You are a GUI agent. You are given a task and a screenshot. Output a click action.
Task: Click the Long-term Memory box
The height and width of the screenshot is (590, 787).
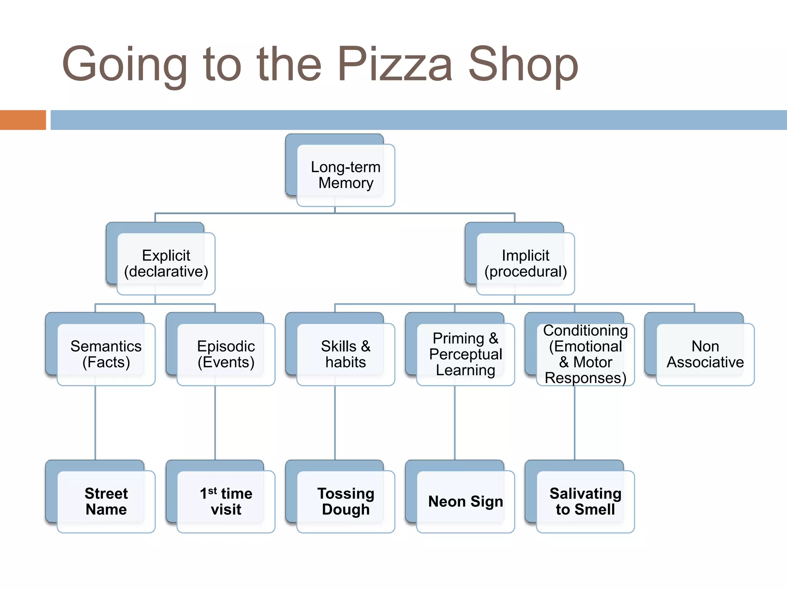(345, 175)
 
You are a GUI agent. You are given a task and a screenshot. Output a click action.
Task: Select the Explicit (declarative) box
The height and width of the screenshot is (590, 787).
(166, 264)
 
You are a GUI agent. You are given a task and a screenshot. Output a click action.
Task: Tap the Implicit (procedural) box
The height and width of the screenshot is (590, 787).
(525, 264)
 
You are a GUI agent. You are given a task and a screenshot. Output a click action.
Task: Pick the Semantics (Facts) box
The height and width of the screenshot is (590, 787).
(106, 354)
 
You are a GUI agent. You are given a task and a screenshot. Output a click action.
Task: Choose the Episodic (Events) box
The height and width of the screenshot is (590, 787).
(226, 354)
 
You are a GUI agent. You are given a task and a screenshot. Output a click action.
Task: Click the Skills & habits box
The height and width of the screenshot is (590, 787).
(345, 354)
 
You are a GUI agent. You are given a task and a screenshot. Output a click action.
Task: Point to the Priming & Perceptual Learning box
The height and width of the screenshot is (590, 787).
(465, 354)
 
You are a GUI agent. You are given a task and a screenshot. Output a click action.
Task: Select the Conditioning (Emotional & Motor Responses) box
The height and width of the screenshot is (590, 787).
(585, 354)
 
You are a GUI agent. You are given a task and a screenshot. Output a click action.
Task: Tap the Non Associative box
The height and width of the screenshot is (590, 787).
(705, 354)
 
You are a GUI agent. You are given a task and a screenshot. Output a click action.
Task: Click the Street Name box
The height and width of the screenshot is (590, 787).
(106, 501)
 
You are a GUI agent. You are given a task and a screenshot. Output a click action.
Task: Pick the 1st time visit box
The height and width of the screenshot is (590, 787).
(226, 501)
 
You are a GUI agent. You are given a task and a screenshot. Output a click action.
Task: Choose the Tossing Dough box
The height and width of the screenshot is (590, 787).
(345, 501)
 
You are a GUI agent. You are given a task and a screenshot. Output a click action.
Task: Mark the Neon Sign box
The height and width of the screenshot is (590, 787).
(465, 501)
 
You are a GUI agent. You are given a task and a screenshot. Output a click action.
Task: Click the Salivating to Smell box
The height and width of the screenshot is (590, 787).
(585, 501)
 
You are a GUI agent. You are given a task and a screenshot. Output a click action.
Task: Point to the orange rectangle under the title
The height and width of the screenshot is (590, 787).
(23, 120)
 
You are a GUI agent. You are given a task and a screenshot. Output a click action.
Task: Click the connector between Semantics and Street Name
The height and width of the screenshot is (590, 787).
(95, 423)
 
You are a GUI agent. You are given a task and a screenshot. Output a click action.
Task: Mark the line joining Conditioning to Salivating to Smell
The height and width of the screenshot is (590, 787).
(574, 423)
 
